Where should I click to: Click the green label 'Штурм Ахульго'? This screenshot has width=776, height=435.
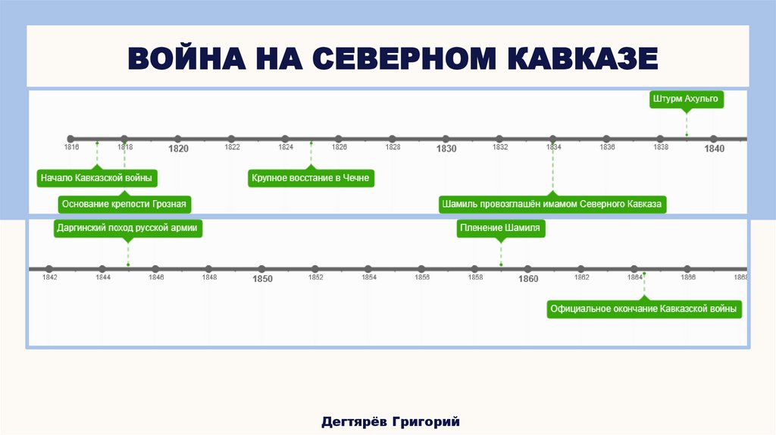(687, 99)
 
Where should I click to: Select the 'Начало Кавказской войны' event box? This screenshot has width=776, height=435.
(97, 179)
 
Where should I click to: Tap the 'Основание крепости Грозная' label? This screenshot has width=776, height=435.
(124, 204)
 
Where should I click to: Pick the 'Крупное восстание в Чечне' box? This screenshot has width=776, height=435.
(311, 179)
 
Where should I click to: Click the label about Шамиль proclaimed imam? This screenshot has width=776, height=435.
(552, 204)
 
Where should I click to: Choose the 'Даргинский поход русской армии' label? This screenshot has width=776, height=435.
(128, 227)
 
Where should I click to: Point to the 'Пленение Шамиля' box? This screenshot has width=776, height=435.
(501, 227)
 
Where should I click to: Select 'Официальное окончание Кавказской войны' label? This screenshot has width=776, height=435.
(644, 309)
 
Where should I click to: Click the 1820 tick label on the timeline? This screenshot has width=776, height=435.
(178, 149)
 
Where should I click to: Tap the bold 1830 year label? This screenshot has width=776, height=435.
(446, 149)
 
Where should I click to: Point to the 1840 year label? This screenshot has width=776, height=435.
(714, 149)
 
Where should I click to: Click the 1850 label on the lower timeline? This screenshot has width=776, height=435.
(262, 279)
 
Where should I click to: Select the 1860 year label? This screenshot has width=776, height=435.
(528, 279)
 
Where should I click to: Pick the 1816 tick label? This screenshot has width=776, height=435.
(72, 147)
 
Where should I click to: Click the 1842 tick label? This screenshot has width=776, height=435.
(50, 277)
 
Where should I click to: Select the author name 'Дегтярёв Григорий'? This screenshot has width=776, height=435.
(390, 421)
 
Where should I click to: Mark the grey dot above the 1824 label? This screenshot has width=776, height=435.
(285, 139)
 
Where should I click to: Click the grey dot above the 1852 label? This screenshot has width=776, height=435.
(315, 268)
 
